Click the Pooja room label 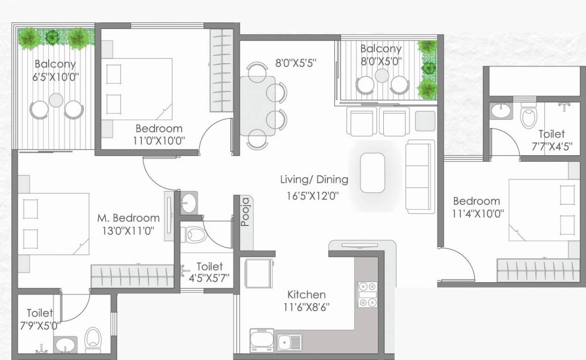coord(245,212)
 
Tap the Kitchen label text coord(306,295)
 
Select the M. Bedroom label coord(128,218)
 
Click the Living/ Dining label coord(314,179)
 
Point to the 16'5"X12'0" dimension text coord(312,195)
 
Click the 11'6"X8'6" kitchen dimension coord(310,308)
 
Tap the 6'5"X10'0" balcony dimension coord(55,77)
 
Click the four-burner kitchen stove coord(368,294)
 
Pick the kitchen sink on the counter coord(289,343)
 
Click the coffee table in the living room coord(372,172)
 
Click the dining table coord(258,106)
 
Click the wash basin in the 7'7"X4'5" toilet coord(501,111)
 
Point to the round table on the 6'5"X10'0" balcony coord(56,100)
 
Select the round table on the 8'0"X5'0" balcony coord(382,75)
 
